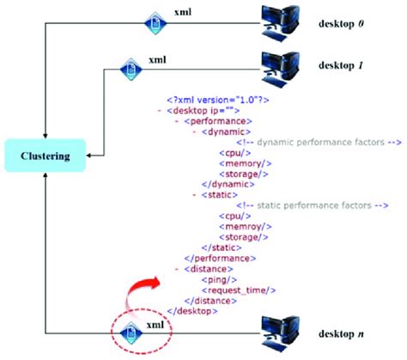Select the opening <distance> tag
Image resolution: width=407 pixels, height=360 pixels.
[210, 267]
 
